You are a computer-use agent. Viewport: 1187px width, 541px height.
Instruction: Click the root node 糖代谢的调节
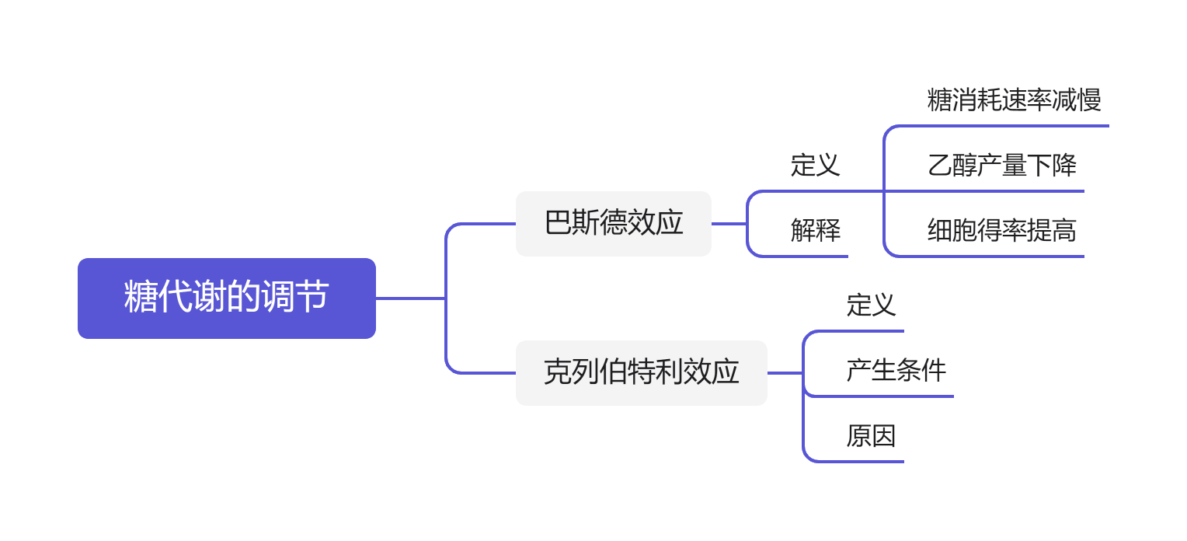click(226, 298)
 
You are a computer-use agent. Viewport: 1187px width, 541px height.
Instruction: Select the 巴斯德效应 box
click(614, 224)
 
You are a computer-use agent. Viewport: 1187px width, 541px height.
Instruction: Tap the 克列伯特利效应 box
click(641, 372)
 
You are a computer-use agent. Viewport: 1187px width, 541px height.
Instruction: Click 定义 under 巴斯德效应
click(815, 165)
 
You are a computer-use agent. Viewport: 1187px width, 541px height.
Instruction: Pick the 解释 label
click(815, 230)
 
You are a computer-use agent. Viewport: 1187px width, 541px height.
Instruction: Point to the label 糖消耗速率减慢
click(1014, 99)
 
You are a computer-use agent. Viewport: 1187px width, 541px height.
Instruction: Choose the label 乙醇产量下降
click(1001, 165)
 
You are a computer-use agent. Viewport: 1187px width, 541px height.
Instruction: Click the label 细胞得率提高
click(1001, 230)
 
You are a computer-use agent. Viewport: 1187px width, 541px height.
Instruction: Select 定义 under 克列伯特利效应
click(871, 305)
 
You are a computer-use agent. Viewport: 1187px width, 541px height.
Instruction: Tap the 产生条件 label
click(896, 370)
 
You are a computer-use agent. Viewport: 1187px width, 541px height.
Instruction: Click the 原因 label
click(871, 435)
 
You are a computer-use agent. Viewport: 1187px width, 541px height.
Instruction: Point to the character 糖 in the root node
click(141, 298)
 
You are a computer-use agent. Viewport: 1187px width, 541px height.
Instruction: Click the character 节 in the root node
click(312, 298)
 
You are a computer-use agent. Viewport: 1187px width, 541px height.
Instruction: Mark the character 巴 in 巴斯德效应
click(558, 223)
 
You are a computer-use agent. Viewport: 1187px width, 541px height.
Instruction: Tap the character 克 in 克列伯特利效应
click(557, 372)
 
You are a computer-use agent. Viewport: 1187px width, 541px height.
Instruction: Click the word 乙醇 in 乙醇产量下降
click(952, 165)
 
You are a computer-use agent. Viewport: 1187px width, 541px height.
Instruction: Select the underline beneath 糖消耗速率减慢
click(1010, 125)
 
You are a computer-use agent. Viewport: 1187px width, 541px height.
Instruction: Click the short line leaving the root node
click(410, 298)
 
